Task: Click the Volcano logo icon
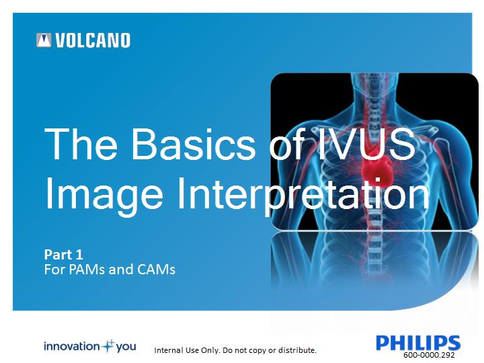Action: click(44, 40)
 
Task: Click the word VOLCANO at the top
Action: click(93, 40)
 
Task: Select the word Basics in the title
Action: click(194, 144)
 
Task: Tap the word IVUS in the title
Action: click(366, 144)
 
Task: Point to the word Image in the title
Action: click(104, 194)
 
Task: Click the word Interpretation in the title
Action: click(303, 194)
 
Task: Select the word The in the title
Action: click(81, 144)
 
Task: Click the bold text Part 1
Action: click(64, 255)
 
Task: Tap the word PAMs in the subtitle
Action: click(87, 269)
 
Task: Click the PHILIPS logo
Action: click(418, 343)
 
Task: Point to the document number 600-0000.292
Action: click(429, 355)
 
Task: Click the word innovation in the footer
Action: click(72, 346)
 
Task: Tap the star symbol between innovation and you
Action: click(108, 346)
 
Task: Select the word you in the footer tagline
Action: click(126, 347)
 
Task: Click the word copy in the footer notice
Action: click(257, 351)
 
